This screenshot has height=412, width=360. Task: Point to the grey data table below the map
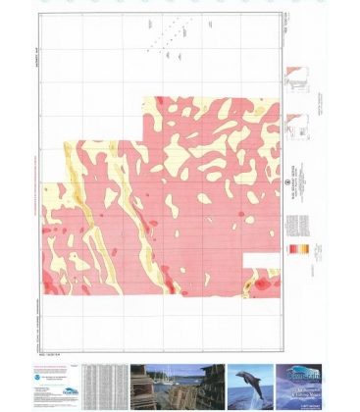(104, 384)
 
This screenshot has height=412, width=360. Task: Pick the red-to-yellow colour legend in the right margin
(291, 253)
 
